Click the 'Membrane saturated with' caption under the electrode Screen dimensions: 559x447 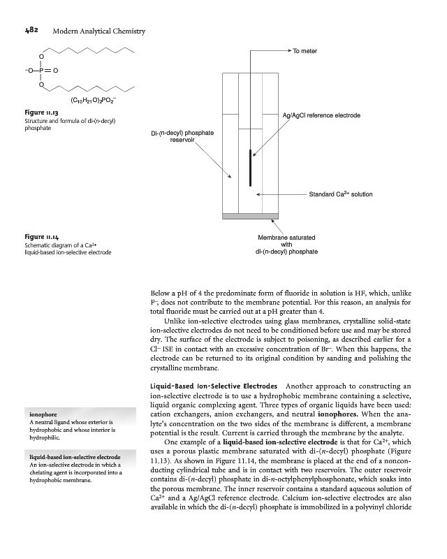(x=286, y=237)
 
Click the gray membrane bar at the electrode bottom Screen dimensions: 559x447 (x=250, y=216)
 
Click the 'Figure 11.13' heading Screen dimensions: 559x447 (x=32, y=112)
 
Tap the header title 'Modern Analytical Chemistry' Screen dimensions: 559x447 (x=98, y=31)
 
